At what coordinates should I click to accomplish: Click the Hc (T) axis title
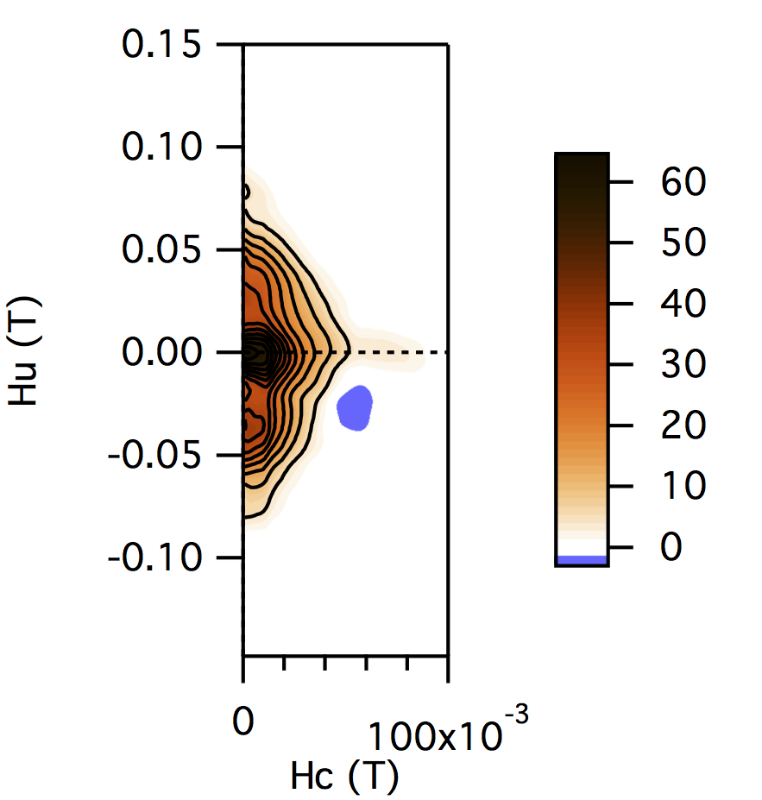click(x=343, y=778)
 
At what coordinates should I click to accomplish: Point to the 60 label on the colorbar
click(x=684, y=183)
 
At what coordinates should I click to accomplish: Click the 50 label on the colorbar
click(x=684, y=243)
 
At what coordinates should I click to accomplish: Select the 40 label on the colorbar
click(x=684, y=304)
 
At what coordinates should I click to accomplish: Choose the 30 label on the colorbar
click(x=684, y=365)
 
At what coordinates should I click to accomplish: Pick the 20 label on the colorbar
click(x=684, y=425)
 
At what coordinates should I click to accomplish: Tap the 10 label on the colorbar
click(x=684, y=486)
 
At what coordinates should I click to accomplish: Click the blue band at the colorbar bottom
click(x=582, y=560)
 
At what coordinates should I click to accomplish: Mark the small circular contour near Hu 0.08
click(x=246, y=192)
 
